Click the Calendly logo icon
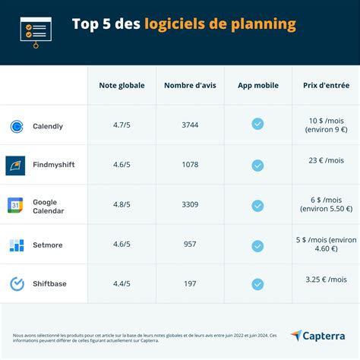pyautogui.click(x=17, y=126)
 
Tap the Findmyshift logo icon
pyautogui.click(x=16, y=165)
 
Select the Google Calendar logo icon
pyautogui.click(x=16, y=205)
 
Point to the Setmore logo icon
pyautogui.click(x=17, y=245)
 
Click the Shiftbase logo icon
pyautogui.click(x=17, y=284)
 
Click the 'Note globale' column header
pyautogui.click(x=122, y=85)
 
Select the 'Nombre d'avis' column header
pyautogui.click(x=190, y=85)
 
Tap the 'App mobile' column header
pyautogui.click(x=257, y=85)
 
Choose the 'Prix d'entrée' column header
pyautogui.click(x=327, y=85)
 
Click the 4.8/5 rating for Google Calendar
pyautogui.click(x=122, y=205)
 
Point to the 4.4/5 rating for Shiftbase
pyautogui.click(x=122, y=284)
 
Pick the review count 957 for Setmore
pyautogui.click(x=190, y=245)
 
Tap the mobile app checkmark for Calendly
pyautogui.click(x=257, y=125)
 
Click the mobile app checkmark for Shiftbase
pyautogui.click(x=257, y=284)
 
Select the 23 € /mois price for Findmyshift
pyautogui.click(x=327, y=160)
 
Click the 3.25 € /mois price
pyautogui.click(x=327, y=279)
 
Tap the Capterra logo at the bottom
pyautogui.click(x=317, y=336)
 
